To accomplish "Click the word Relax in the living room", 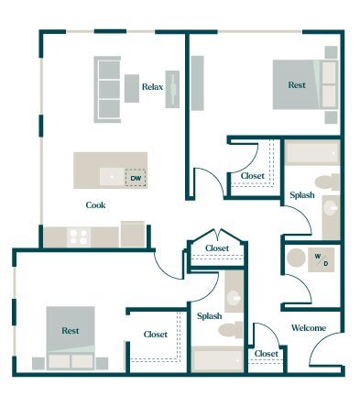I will click(152, 87).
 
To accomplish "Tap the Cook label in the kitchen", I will click(96, 205).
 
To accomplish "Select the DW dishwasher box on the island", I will click(136, 177).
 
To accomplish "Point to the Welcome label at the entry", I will click(309, 328).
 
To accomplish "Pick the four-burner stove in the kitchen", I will click(79, 236).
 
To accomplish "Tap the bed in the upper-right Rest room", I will click(298, 85).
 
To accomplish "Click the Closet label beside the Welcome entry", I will click(267, 354).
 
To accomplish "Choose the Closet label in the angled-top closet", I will click(217, 248).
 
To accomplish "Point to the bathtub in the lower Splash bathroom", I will click(218, 359).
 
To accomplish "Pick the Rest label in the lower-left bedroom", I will click(71, 329).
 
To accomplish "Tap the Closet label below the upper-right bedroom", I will click(253, 176).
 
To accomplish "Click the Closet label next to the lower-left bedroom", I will click(156, 335).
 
